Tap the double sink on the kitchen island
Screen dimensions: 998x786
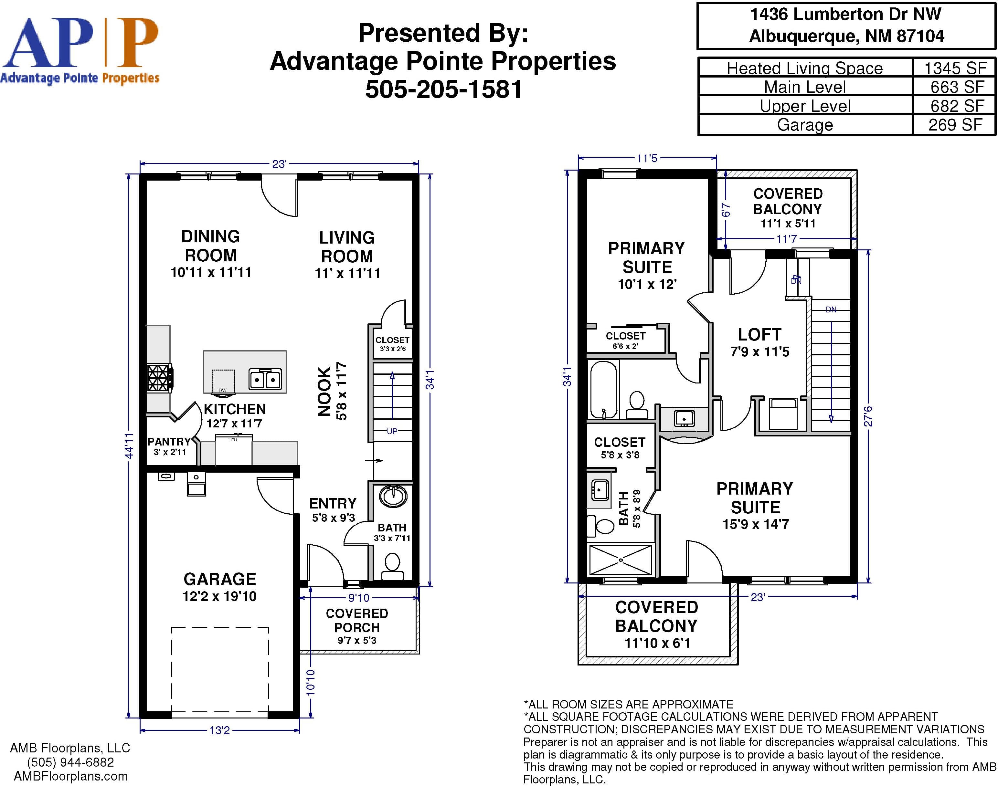coord(265,379)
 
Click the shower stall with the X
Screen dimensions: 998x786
coord(621,560)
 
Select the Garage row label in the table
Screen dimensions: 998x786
coord(805,125)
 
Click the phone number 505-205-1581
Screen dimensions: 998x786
coord(444,89)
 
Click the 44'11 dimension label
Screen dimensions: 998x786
coord(129,445)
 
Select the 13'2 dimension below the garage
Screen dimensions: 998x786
coord(219,730)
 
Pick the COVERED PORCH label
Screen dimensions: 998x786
coord(357,620)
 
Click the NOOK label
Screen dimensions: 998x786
coord(324,392)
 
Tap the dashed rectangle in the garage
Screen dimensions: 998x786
coord(219,670)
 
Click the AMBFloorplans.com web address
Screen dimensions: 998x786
coord(71,776)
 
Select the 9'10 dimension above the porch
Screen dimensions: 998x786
coord(359,598)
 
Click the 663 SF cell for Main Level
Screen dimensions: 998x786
coord(957,87)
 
